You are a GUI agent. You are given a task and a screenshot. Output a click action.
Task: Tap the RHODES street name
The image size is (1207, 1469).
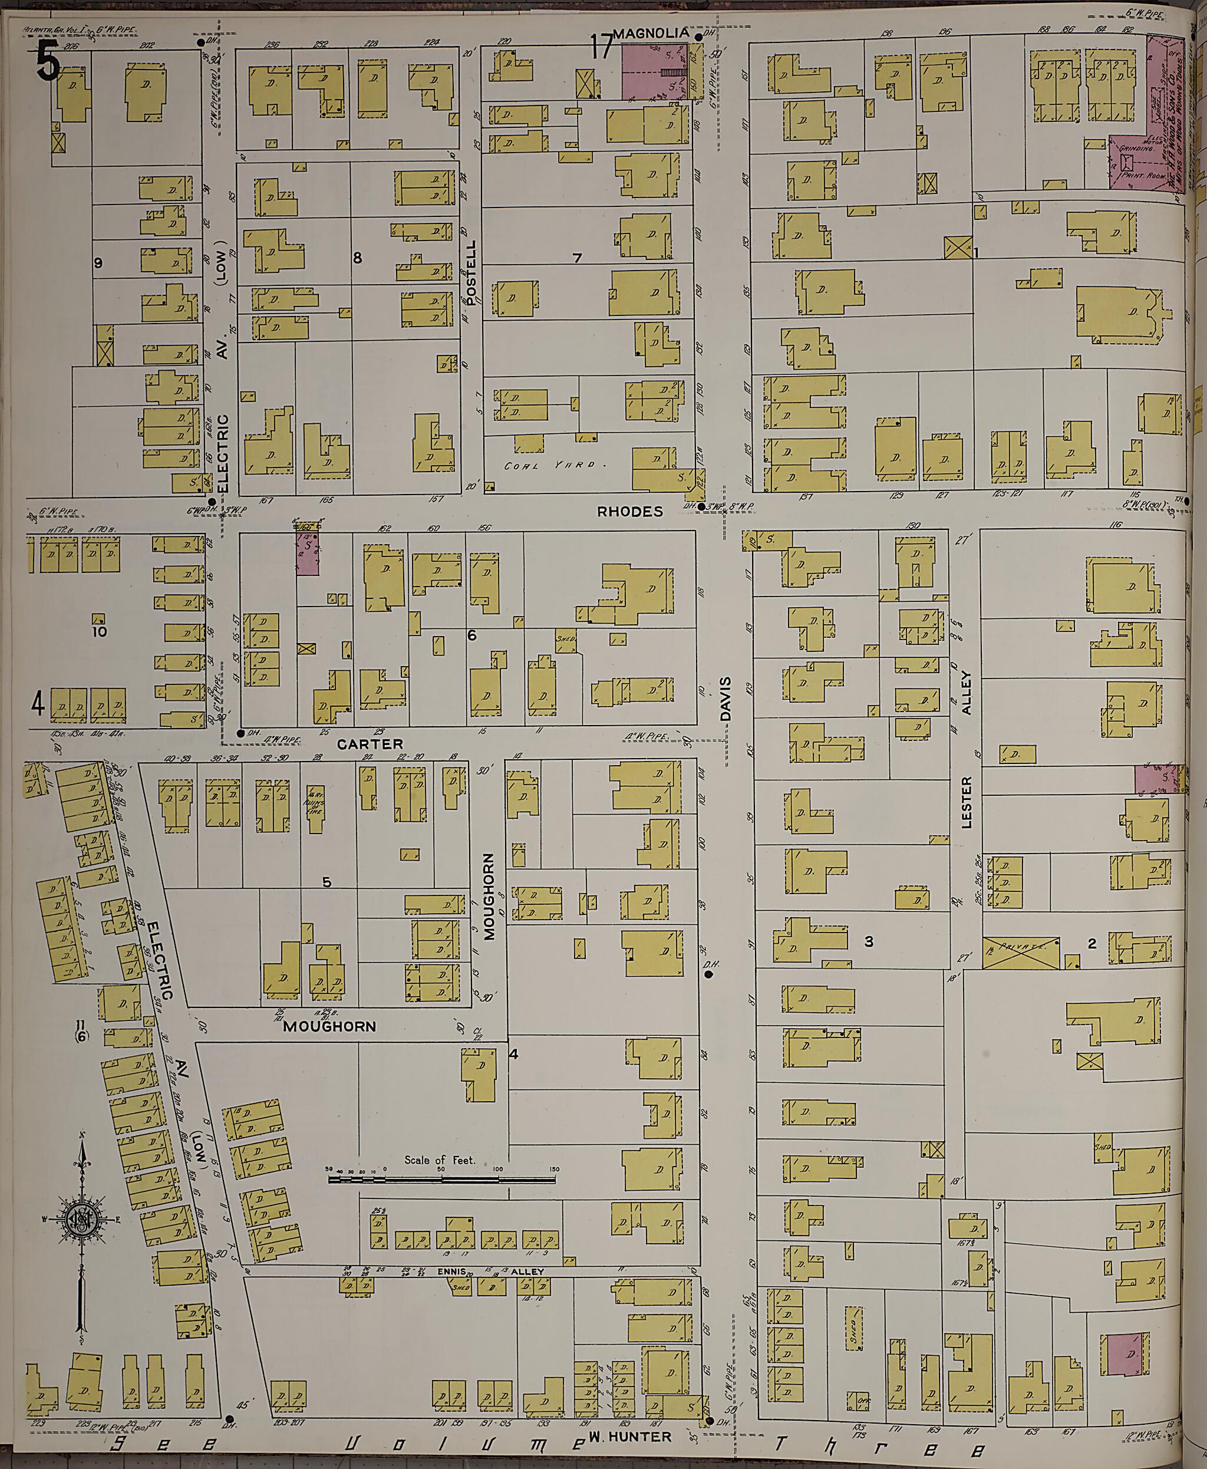click(630, 511)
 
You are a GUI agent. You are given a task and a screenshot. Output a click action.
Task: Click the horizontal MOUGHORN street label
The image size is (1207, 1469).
click(329, 1026)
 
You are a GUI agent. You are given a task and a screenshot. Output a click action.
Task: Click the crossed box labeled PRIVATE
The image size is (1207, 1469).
click(1021, 952)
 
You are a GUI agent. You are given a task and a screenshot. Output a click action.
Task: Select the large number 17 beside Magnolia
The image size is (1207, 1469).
click(602, 47)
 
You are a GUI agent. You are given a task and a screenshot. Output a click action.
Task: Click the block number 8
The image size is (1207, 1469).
click(357, 258)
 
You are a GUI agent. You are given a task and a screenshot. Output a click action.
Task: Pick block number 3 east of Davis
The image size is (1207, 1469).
click(868, 942)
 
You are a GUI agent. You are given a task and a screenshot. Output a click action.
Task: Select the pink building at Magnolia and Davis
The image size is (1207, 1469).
click(654, 70)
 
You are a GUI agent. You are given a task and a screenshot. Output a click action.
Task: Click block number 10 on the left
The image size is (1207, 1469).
click(100, 631)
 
